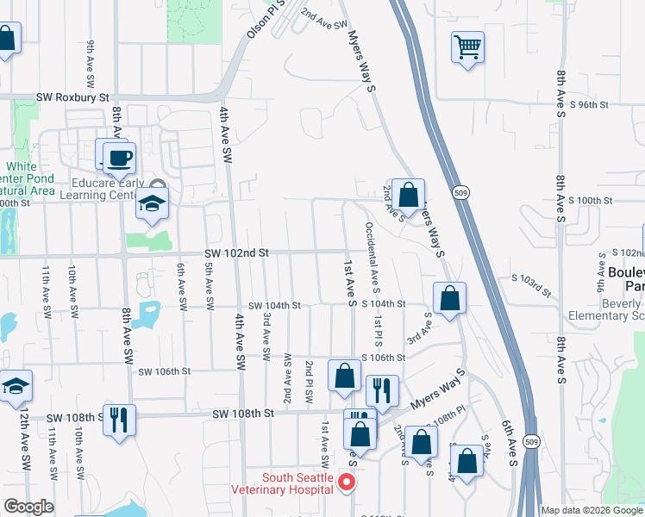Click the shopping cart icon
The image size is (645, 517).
pyautogui.click(x=467, y=47)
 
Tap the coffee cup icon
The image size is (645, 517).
pyautogui.click(x=119, y=158)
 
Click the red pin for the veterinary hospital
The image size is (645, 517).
pyautogui.click(x=347, y=482)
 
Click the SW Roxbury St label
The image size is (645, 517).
pyautogui.click(x=74, y=99)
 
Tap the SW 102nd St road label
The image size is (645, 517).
pyautogui.click(x=237, y=253)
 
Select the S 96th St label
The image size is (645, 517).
pyautogui.click(x=589, y=104)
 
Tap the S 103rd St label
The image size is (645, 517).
pyautogui.click(x=530, y=282)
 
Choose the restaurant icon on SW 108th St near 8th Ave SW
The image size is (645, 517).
pyautogui.click(x=118, y=420)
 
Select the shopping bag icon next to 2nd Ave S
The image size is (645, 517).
pyautogui.click(x=410, y=195)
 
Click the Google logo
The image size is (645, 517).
pyautogui.click(x=29, y=507)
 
